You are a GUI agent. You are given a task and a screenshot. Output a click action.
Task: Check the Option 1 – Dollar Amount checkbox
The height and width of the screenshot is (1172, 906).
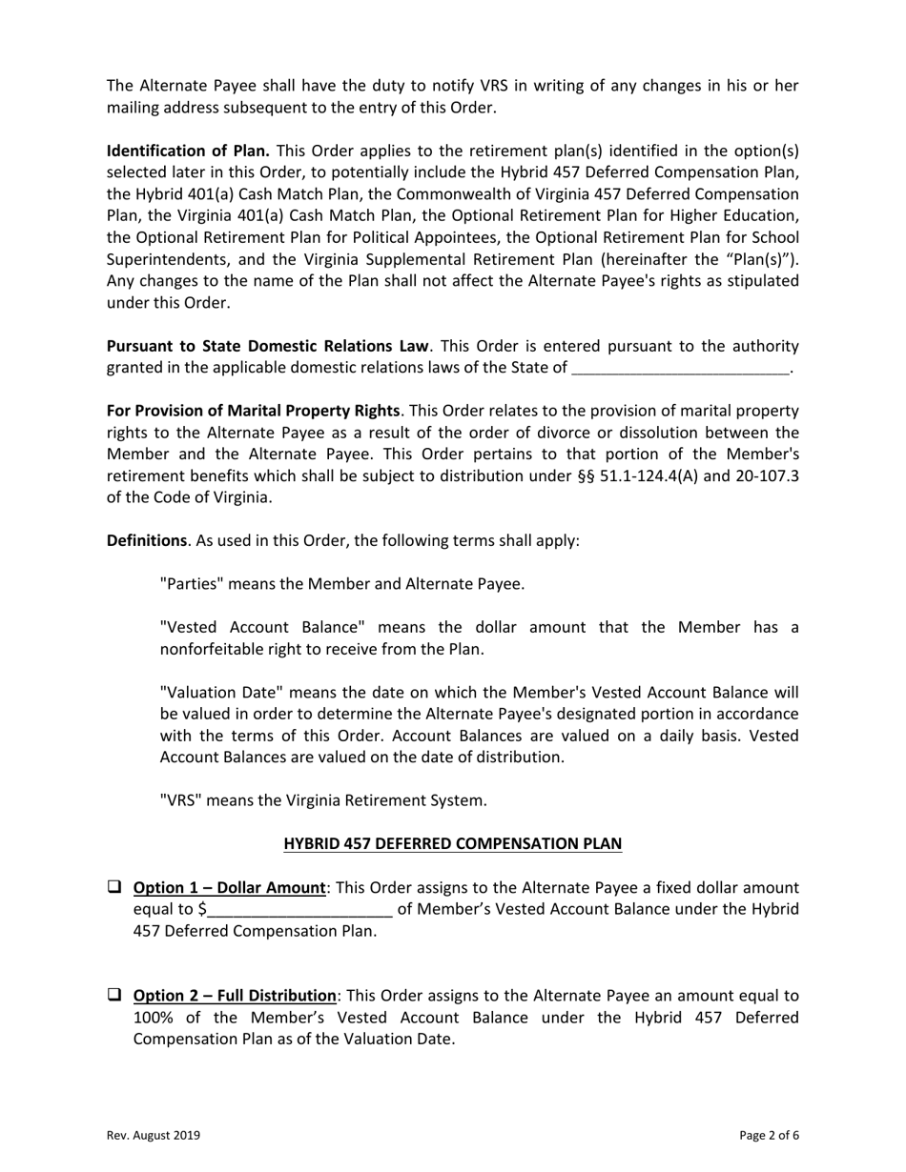[113, 887]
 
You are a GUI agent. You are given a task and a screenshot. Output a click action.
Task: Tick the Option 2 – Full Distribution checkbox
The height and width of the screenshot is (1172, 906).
[113, 996]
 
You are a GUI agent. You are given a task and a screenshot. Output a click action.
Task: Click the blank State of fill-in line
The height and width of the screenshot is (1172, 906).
[680, 368]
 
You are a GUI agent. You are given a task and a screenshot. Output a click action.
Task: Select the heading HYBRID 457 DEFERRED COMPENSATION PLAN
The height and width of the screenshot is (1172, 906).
[453, 843]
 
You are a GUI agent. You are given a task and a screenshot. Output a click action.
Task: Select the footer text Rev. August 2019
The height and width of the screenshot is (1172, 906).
[153, 1135]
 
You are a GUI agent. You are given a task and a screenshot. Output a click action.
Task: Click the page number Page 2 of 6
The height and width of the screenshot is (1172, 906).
[769, 1135]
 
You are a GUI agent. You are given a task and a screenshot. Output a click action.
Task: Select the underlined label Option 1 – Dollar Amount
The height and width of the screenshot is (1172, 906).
[229, 888]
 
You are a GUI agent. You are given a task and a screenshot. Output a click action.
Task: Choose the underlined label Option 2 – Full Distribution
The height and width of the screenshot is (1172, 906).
[235, 997]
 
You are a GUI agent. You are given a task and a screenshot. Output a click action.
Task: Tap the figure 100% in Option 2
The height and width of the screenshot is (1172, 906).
[154, 1018]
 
